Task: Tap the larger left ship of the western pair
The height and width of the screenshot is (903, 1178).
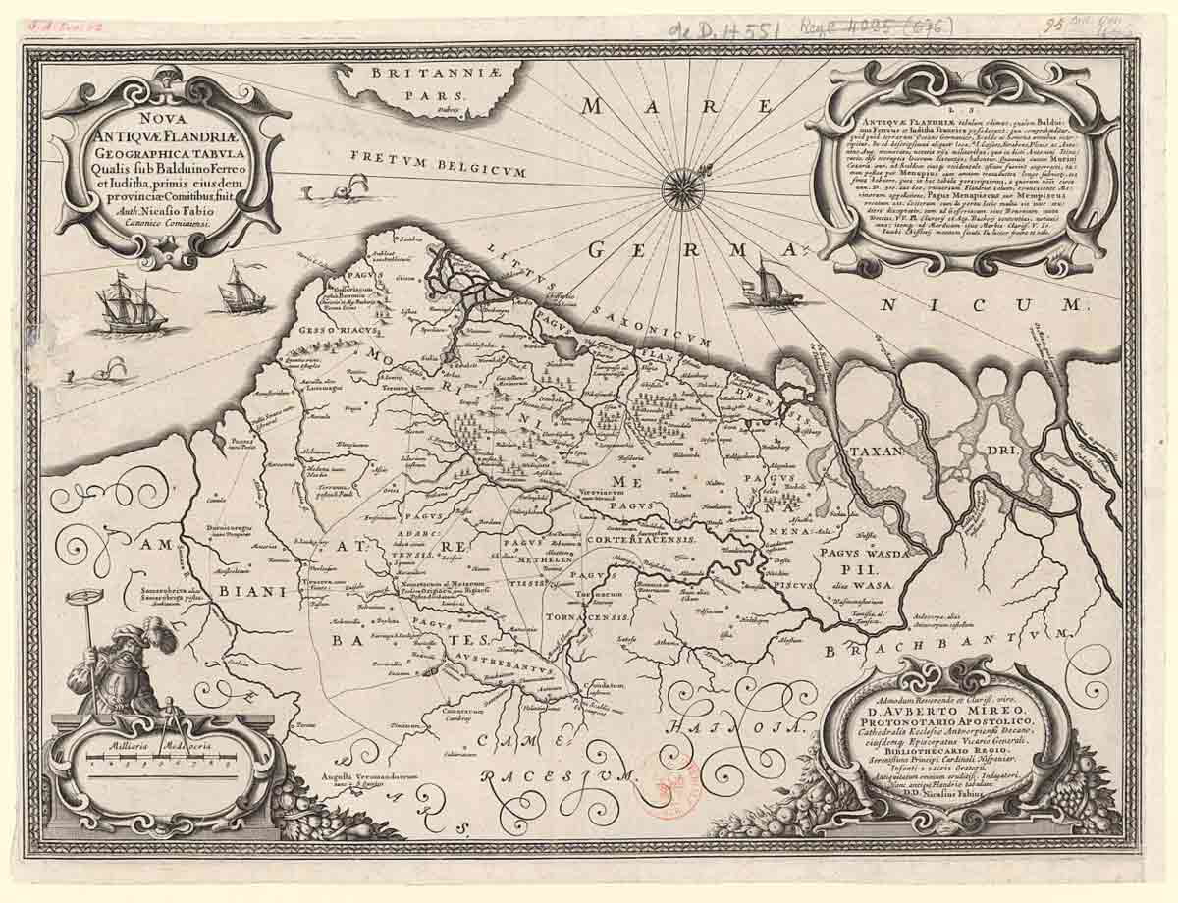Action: click(131, 304)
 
